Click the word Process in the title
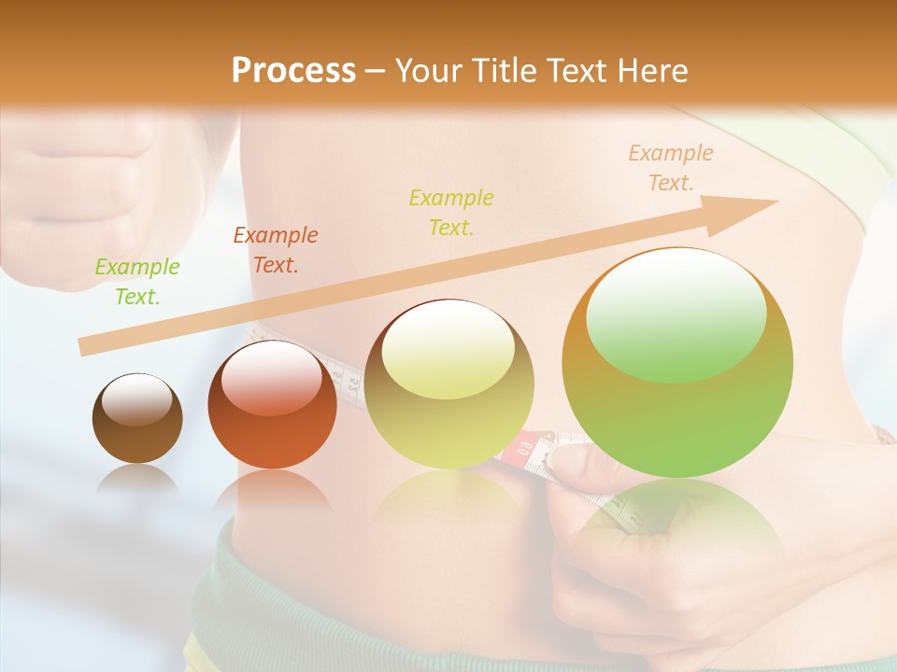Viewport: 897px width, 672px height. pos(293,70)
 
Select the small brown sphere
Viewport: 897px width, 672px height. pos(137,418)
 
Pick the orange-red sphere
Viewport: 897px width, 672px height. pos(272,405)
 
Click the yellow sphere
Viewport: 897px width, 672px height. pos(448,385)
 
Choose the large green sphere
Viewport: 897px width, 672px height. pos(677,362)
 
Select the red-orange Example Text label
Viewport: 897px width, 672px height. pos(276,250)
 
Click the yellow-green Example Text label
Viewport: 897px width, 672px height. pos(451,213)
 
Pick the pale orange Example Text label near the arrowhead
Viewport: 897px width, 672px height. pos(670,168)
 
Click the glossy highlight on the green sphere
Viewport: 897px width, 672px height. pos(676,315)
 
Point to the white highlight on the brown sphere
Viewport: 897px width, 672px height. pos(136,400)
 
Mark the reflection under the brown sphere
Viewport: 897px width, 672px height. pos(137,480)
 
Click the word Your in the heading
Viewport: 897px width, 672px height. pos(429,70)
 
